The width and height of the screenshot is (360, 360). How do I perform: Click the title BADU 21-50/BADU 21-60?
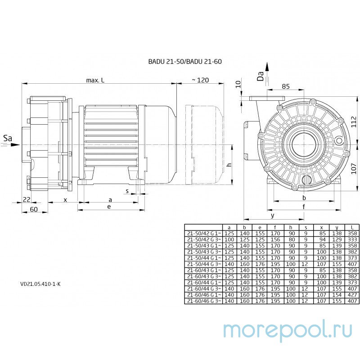tap(185, 62)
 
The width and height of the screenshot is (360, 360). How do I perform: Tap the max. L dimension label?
tap(95, 80)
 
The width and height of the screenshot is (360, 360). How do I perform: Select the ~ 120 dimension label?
tap(200, 80)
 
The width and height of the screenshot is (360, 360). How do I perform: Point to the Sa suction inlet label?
tap(8, 138)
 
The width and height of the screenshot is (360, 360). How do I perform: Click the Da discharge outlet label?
tap(261, 76)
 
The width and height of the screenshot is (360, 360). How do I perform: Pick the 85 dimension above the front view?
tap(286, 86)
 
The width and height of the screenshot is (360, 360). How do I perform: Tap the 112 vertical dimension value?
tap(354, 121)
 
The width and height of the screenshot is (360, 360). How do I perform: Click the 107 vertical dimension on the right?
tap(354, 168)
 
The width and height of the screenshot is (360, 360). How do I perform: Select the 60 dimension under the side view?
tap(33, 209)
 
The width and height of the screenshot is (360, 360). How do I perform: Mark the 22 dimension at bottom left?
tap(27, 199)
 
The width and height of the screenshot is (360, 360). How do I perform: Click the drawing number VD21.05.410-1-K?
tap(40, 284)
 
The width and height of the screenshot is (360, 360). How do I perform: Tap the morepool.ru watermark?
tap(288, 330)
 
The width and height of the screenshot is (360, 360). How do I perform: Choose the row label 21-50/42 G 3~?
tap(204, 240)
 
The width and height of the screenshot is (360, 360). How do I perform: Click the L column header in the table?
tap(352, 228)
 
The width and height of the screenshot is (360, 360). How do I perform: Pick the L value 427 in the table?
tap(352, 295)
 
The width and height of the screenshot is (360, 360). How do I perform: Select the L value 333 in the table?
tap(352, 240)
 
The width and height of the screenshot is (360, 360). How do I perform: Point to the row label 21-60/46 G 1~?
tap(204, 295)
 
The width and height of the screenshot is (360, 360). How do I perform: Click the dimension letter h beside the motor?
tap(229, 165)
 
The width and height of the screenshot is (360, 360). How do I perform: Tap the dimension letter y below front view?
tap(273, 216)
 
